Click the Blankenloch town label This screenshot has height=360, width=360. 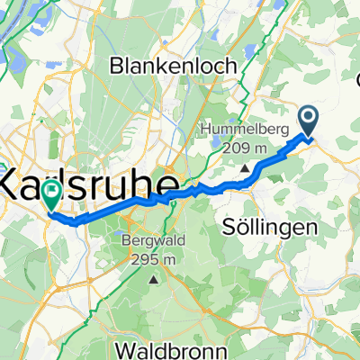click(172, 66)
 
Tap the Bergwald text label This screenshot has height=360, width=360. click(152, 241)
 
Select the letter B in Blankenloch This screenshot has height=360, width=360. click(116, 66)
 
